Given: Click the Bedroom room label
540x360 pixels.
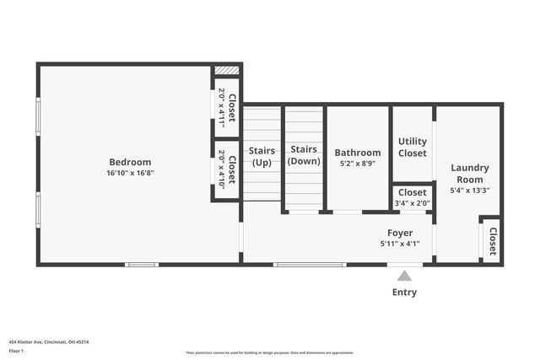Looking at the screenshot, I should pos(130,162).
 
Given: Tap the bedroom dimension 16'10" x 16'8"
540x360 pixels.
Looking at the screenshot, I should pos(130,173).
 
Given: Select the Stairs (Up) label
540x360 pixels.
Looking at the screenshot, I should pos(262,156).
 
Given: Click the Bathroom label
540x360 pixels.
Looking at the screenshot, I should pos(358,153).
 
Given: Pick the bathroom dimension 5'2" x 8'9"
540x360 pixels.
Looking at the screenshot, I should pos(358,164).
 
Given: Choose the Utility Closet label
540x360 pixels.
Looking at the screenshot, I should pos(413,148).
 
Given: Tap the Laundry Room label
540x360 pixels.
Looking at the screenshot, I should pos(469,174).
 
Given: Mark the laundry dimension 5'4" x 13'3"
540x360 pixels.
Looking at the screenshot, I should pos(469,191).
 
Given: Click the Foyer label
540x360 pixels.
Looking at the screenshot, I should pos(400,233).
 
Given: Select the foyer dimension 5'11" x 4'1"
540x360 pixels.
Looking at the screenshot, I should pos(400,244).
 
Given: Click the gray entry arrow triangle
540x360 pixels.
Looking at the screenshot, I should pos(405,276).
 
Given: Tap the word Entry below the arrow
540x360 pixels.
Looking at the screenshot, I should pos(404,293).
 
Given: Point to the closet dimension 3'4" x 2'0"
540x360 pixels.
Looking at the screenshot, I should pos(413,203).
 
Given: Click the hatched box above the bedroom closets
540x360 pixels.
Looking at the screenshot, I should pos(226,71).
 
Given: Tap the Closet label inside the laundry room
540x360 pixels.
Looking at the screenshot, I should pos(493,241).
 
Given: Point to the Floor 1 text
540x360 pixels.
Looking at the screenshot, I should pos(16,350).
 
